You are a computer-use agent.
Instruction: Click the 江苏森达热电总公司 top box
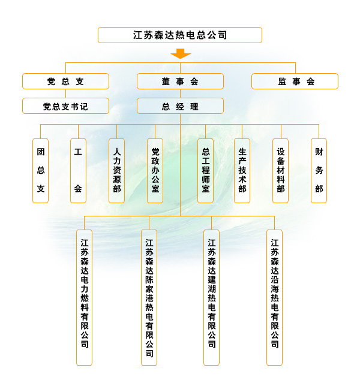pyautogui.click(x=180, y=35)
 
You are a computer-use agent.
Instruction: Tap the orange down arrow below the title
pyautogui.click(x=180, y=54)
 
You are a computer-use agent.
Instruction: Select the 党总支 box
pyautogui.click(x=65, y=82)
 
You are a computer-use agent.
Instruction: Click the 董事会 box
pyautogui.click(x=180, y=82)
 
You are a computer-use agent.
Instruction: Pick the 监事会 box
pyautogui.click(x=295, y=82)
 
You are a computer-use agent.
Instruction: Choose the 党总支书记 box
pyautogui.click(x=65, y=106)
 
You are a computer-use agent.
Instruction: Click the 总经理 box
pyautogui.click(x=180, y=106)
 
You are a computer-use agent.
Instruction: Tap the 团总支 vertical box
pyautogui.click(x=40, y=171)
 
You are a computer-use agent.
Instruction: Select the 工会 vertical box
pyautogui.click(x=78, y=171)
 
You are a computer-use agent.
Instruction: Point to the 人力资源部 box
pyautogui.click(x=116, y=171)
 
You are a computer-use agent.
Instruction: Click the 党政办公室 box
pyautogui.click(x=155, y=171)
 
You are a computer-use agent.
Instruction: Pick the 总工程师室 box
pyautogui.click(x=205, y=171)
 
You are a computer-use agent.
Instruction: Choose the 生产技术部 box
pyautogui.click(x=242, y=171)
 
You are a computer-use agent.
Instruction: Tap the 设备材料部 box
pyautogui.click(x=280, y=171)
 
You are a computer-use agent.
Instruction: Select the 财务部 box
pyautogui.click(x=319, y=171)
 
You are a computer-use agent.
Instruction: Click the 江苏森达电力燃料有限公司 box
pyautogui.click(x=84, y=297)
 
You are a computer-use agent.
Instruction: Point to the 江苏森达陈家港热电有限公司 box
pyautogui.click(x=149, y=297)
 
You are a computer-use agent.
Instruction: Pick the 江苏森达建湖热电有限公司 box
pyautogui.click(x=211, y=297)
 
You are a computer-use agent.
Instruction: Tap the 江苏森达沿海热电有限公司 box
pyautogui.click(x=274, y=297)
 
